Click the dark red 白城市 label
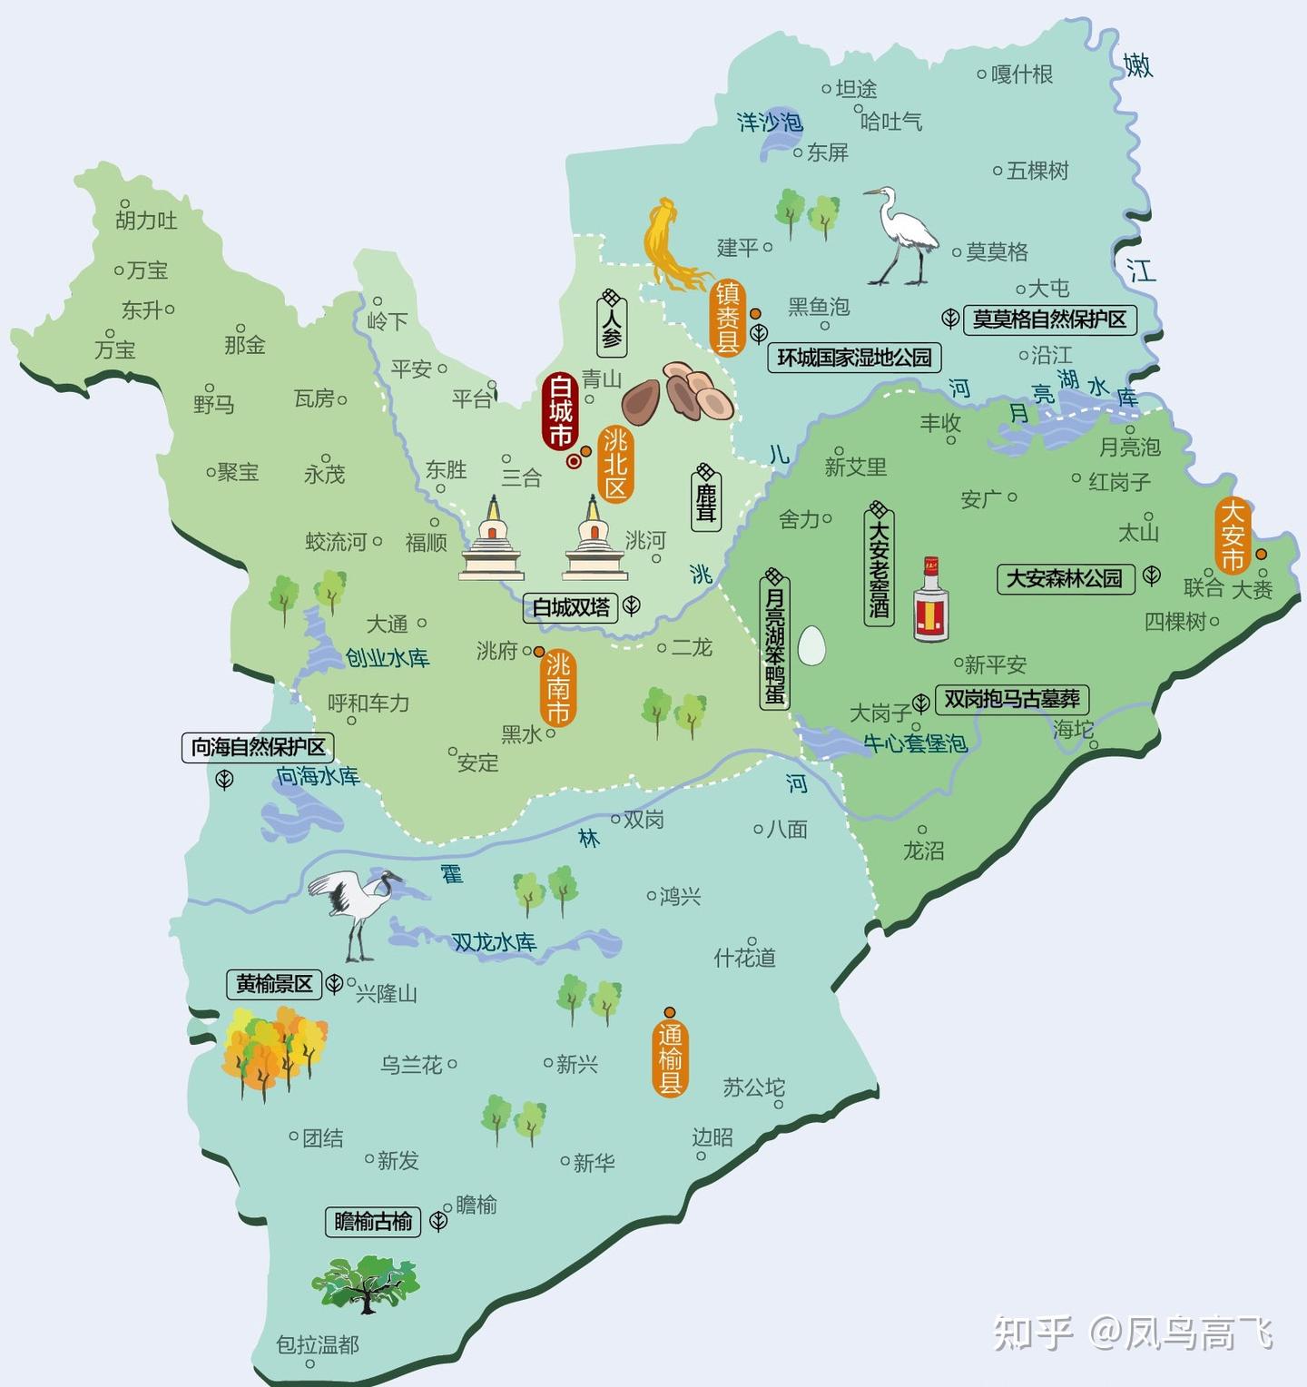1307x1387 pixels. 560,411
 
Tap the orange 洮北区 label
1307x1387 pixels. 615,463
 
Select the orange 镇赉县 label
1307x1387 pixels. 727,317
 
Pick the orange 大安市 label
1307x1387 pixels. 1232,536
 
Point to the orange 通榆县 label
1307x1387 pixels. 670,1058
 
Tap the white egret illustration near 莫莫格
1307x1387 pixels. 903,237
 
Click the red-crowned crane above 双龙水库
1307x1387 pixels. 357,910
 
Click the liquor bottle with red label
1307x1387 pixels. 930,600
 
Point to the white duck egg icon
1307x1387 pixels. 811,645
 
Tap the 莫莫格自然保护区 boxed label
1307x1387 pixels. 1049,320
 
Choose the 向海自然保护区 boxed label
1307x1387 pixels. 259,747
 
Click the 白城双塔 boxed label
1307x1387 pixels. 571,607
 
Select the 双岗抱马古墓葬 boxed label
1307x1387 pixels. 1011,699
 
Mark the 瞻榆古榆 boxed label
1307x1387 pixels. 373,1222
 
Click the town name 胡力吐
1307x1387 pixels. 146,221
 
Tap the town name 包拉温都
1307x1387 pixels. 318,1344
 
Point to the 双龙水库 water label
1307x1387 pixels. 495,942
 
